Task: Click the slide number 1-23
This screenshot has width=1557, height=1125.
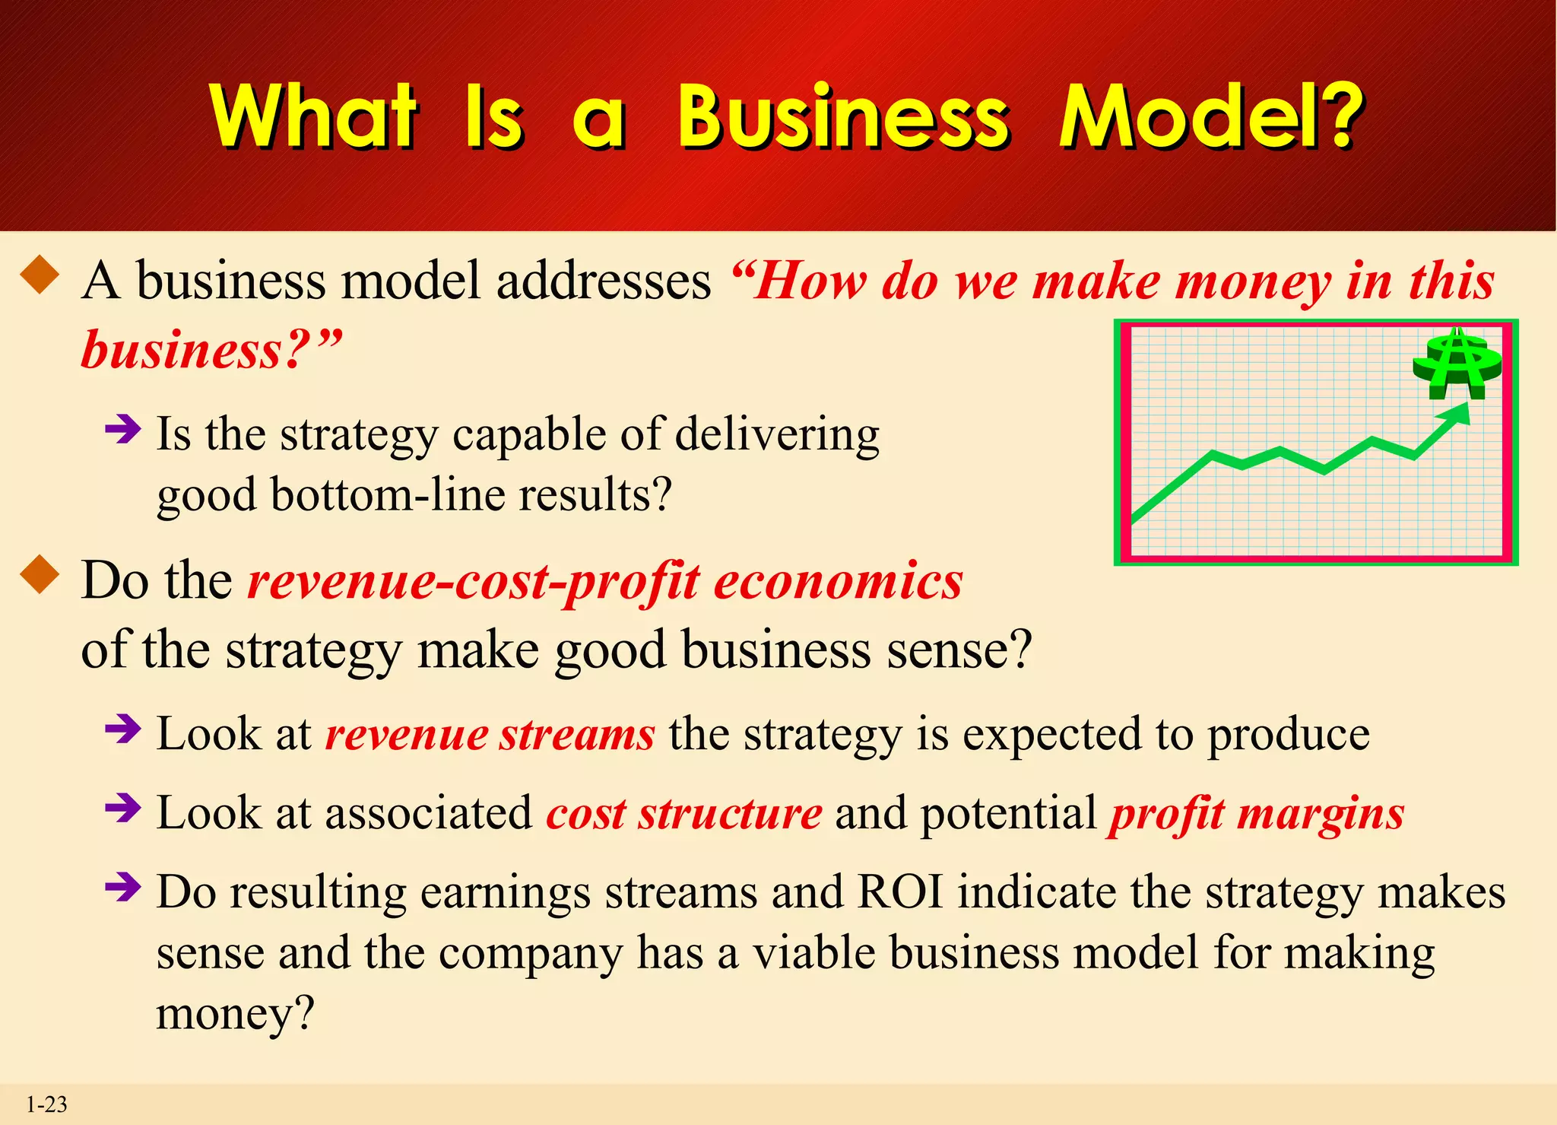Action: pos(46,1104)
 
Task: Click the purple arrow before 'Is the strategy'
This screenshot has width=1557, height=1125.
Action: pos(123,429)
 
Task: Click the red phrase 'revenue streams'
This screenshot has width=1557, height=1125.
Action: pos(490,735)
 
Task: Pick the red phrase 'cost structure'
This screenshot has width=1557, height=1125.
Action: pos(683,813)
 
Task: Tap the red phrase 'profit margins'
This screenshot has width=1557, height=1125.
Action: pos(1256,813)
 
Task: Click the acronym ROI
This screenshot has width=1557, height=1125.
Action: pos(900,891)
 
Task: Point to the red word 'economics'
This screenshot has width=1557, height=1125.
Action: pos(838,582)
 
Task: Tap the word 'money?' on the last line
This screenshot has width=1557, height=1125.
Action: pos(235,1013)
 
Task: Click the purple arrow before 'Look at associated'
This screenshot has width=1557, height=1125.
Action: pos(123,808)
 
